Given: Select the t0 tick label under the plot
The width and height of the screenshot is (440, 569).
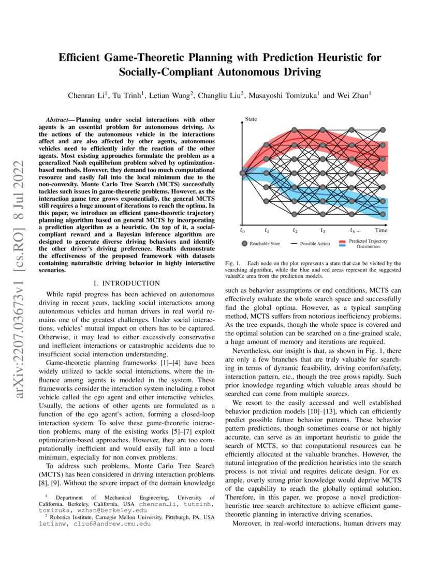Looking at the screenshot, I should (x=242, y=230).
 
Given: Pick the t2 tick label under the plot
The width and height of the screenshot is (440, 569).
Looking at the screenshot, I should (x=295, y=230).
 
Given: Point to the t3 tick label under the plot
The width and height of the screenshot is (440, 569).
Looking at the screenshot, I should (x=322, y=230).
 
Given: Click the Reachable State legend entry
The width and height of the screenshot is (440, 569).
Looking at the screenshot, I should (x=263, y=243).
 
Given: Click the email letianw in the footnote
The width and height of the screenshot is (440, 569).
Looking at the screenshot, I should (x=52, y=523).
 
